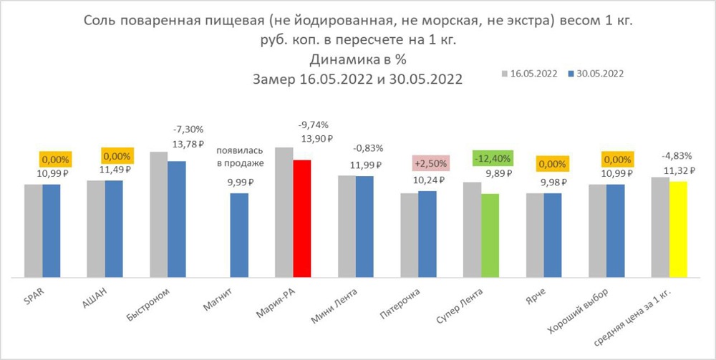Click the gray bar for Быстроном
(x=159, y=214)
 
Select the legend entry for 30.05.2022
(x=596, y=73)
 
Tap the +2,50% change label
(x=431, y=163)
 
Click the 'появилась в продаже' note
(x=240, y=159)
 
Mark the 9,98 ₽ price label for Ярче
(x=552, y=181)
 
